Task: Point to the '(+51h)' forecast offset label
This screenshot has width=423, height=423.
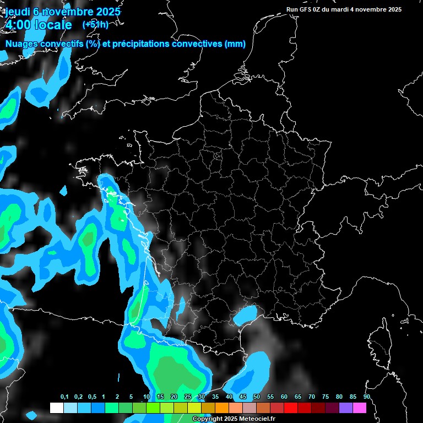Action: pos(95,24)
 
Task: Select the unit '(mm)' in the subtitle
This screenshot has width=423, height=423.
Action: pos(235,44)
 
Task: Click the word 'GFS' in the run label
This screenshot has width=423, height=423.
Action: pos(305,9)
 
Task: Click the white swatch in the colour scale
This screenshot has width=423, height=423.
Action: pos(56,408)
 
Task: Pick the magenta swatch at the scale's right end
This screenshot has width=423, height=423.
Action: pos(360,408)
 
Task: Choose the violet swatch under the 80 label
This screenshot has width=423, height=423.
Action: pos(346,408)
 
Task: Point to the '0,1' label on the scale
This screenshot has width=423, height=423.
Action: pos(64,397)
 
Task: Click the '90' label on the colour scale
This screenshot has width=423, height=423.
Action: pos(366,397)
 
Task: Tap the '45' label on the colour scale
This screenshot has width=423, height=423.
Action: pos(243,397)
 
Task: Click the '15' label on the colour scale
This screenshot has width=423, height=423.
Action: pos(160,397)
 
